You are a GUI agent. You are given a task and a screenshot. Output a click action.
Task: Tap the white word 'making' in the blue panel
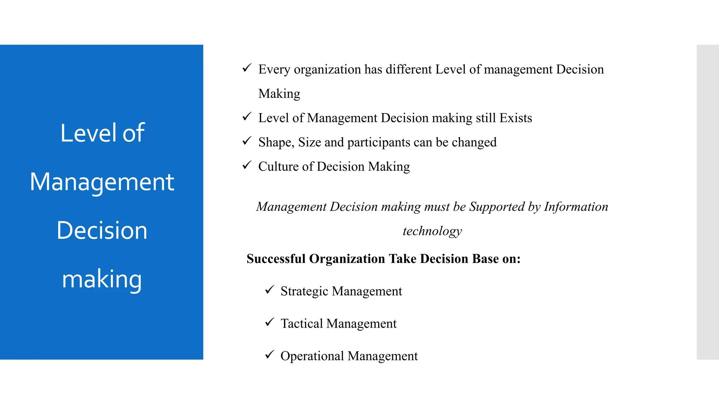[x=102, y=279]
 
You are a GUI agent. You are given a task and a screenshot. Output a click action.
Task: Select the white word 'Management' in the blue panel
[x=102, y=182]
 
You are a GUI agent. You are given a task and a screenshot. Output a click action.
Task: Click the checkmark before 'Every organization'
[x=247, y=68]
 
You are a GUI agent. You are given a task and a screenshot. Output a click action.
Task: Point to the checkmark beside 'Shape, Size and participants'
[x=247, y=141]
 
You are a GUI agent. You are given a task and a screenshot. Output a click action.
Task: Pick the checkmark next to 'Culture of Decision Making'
[x=247, y=165]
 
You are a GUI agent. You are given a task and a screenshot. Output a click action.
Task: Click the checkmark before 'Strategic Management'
[x=269, y=290]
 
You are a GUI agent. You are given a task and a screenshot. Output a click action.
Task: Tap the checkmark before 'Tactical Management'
[x=269, y=322]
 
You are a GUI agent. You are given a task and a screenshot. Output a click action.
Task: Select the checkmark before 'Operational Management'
[x=269, y=354]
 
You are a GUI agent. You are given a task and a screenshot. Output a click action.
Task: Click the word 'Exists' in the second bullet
[x=515, y=118]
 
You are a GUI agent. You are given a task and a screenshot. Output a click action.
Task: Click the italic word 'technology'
[x=432, y=231]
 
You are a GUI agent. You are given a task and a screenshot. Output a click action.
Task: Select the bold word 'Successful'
[x=276, y=259]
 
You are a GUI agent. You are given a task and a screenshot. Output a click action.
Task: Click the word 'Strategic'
[x=304, y=291]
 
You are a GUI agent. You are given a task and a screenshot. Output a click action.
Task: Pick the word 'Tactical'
[x=302, y=323]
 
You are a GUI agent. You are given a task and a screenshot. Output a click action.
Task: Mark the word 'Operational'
[x=312, y=356]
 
